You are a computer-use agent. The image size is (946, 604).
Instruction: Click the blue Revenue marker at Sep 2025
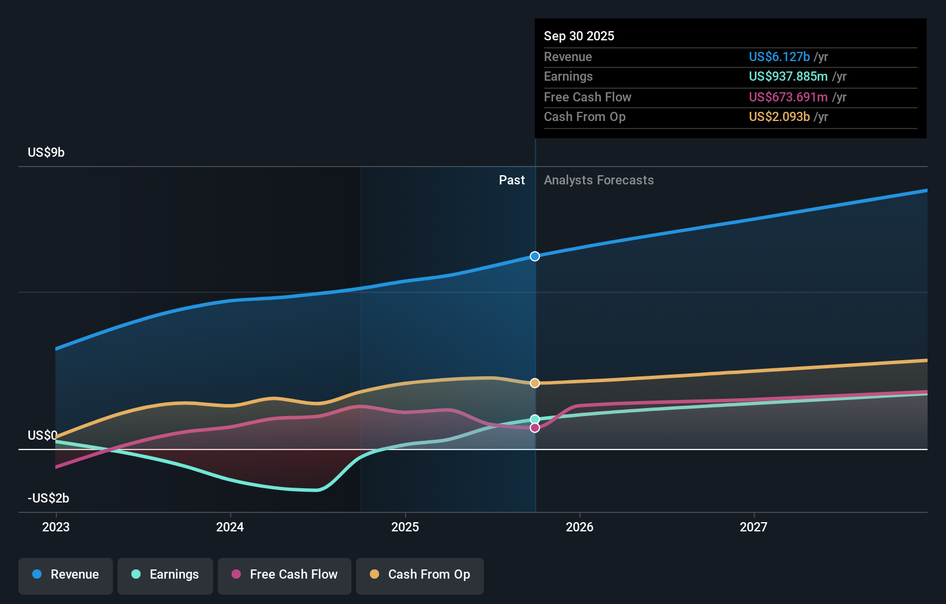point(535,256)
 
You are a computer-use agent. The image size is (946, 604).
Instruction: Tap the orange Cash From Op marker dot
point(535,383)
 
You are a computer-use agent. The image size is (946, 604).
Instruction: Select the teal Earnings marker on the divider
point(535,419)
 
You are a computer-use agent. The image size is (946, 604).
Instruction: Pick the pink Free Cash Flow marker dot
point(535,428)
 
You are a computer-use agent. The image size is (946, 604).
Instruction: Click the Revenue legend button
point(66,575)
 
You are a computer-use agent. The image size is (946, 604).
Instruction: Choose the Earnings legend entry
point(165,575)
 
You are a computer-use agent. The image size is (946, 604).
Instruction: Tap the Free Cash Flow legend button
point(285,575)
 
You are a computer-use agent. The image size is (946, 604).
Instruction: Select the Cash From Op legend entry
point(420,575)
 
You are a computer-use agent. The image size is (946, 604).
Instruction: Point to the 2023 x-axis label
point(56,527)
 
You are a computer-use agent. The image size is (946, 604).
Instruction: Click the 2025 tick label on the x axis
point(405,527)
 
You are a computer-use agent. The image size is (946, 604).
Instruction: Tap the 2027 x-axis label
point(754,527)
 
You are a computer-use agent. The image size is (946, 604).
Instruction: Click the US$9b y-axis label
point(46,152)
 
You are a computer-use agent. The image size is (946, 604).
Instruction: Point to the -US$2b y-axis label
point(48,498)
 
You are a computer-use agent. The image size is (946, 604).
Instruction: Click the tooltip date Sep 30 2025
point(579,36)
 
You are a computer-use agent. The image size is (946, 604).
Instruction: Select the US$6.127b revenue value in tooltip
point(779,56)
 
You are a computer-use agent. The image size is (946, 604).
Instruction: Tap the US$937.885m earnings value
point(788,76)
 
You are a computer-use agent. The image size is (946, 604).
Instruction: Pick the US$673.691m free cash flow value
point(788,97)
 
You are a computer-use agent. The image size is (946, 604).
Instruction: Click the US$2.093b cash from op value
point(779,116)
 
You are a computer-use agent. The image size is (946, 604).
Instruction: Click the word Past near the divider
point(512,180)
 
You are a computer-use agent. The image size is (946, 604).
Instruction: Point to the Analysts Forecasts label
point(599,180)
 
